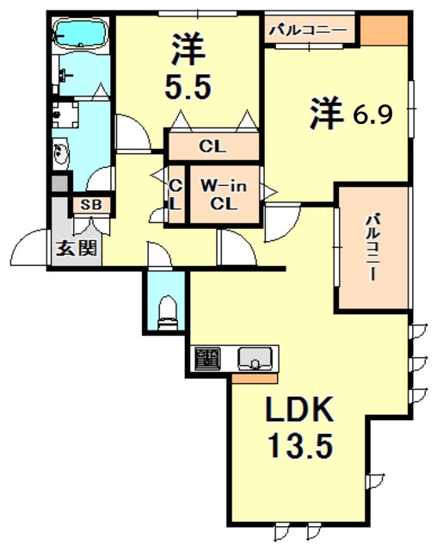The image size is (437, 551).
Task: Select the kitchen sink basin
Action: pyautogui.click(x=255, y=356)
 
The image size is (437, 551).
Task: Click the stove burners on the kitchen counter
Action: pyautogui.click(x=207, y=356)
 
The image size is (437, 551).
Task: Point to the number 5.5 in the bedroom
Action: pyautogui.click(x=188, y=87)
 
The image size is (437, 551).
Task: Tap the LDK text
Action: pyautogui.click(x=297, y=410)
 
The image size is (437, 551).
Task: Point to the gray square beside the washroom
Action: pyautogui.click(x=58, y=183)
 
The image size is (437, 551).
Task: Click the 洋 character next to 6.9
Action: pyautogui.click(x=326, y=113)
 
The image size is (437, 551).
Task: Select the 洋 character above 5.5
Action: pyautogui.click(x=188, y=47)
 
